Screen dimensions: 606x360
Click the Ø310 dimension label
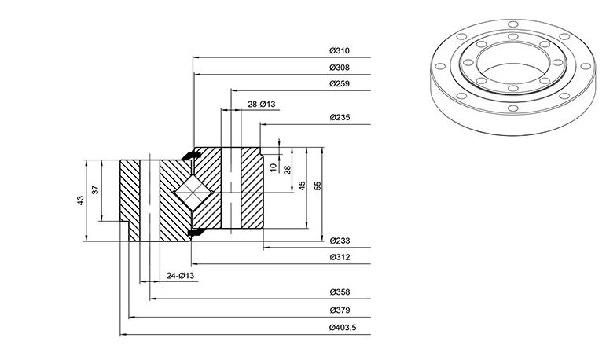click(x=340, y=50)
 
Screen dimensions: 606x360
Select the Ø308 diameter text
click(x=340, y=68)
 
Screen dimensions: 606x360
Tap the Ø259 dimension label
click(x=340, y=84)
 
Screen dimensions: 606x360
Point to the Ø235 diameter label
click(x=340, y=118)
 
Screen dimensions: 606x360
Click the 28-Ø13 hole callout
click(x=261, y=105)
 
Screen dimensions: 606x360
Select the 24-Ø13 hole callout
click(x=181, y=276)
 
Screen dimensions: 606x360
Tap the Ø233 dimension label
click(x=340, y=241)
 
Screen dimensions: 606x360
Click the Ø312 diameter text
click(x=340, y=258)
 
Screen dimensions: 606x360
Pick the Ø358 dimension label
click(x=340, y=292)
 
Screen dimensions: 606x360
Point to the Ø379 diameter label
click(x=340, y=310)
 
